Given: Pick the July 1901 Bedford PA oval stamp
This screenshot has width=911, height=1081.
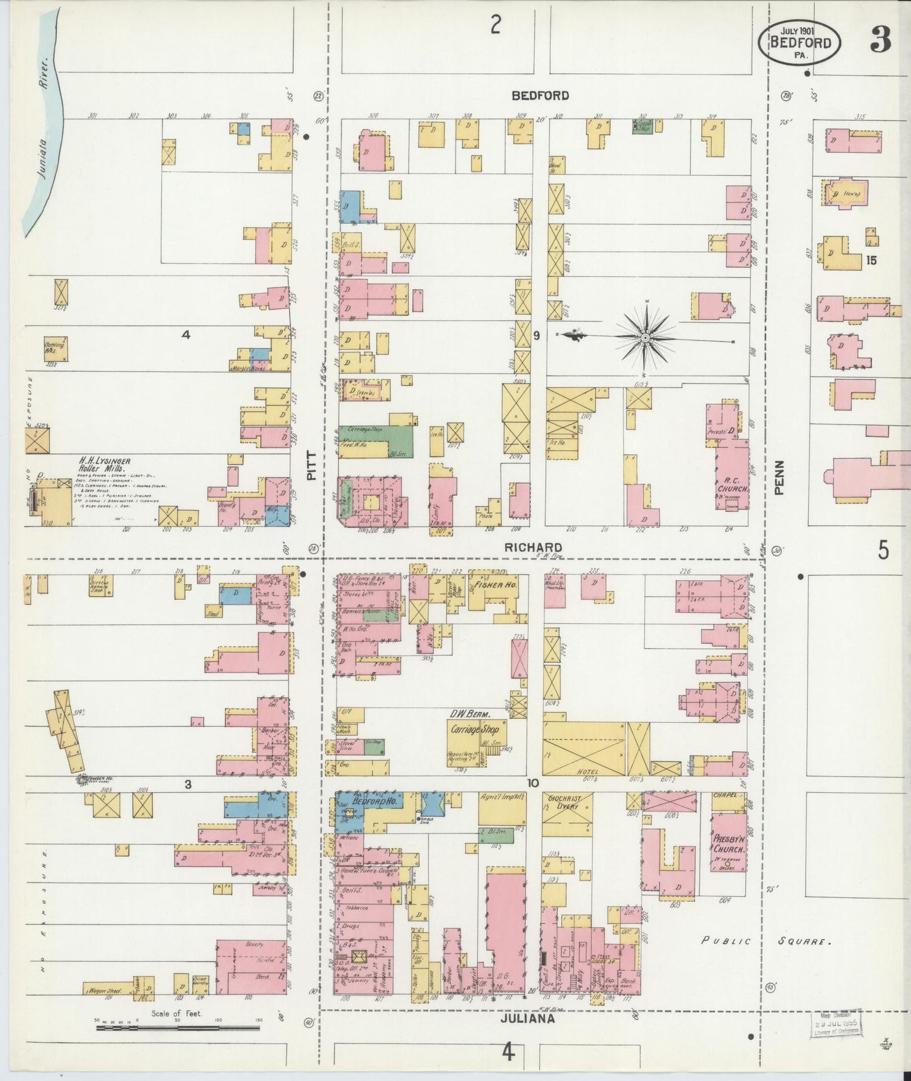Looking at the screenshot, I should tap(803, 42).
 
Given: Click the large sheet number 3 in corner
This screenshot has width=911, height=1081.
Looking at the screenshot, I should tap(881, 41).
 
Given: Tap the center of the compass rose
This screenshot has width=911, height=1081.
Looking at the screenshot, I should tap(646, 339).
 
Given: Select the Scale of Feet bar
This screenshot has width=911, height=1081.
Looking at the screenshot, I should tap(178, 1028).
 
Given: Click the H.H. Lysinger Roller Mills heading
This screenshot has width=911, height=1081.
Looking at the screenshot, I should tap(105, 465).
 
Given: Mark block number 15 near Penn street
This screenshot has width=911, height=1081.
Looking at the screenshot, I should tap(871, 259).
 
